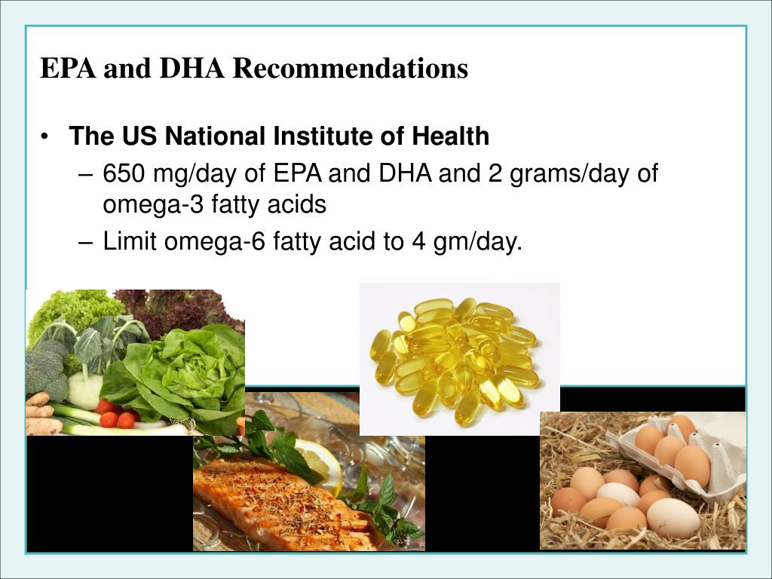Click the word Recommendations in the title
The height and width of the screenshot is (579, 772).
[x=350, y=69]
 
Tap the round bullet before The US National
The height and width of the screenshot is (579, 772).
[x=47, y=137]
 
